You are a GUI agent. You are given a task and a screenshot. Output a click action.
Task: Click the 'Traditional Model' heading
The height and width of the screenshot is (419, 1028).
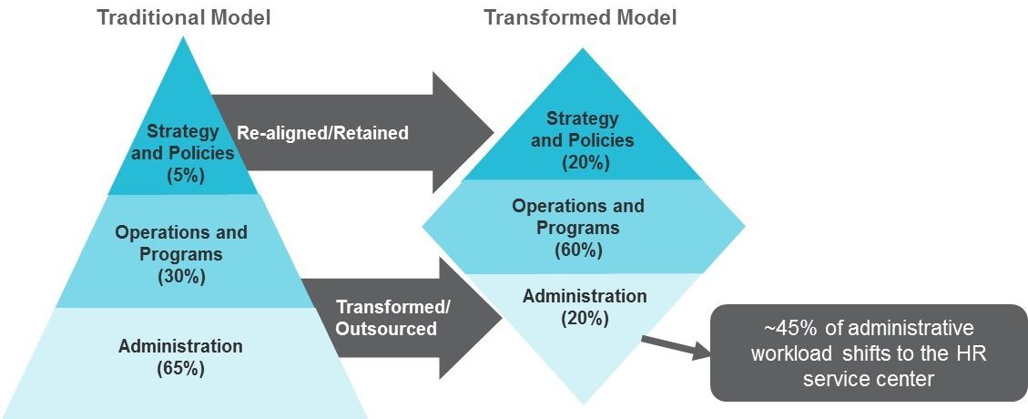[x=184, y=17]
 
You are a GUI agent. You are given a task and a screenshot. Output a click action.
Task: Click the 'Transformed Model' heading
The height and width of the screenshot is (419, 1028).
[x=580, y=17]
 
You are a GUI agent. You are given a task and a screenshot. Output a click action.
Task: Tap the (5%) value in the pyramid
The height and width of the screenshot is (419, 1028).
[x=183, y=175]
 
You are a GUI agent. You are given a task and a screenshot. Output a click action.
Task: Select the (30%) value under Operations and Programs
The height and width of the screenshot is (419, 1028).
[x=181, y=276]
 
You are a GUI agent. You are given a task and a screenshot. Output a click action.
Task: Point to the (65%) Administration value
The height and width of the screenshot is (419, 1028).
[x=180, y=369]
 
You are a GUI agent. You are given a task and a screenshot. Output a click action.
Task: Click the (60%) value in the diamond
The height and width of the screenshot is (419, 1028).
[x=578, y=250]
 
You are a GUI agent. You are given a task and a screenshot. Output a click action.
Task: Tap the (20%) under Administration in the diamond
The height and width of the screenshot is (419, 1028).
[x=585, y=319]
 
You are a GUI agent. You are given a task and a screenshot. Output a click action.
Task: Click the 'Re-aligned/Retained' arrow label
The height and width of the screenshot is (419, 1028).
[x=322, y=133]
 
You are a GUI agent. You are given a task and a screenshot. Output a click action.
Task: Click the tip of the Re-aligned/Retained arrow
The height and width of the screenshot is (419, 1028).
[x=494, y=133]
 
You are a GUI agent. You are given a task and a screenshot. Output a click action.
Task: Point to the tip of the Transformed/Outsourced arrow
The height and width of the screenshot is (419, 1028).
[x=503, y=318]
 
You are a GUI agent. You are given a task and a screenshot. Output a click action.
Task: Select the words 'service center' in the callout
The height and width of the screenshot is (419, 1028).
[x=869, y=378]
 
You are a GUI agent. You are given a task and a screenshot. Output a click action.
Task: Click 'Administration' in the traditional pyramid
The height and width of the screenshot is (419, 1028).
[x=180, y=345]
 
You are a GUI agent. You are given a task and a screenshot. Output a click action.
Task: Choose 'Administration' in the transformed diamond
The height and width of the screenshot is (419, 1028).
[x=585, y=296]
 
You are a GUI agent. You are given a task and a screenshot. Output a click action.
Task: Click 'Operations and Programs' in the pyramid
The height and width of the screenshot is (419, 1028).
[x=181, y=242]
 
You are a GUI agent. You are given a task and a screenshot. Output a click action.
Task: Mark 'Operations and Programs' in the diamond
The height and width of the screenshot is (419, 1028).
[x=578, y=217]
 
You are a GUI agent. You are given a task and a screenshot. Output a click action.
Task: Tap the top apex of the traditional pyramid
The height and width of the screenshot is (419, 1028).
[x=184, y=36]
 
